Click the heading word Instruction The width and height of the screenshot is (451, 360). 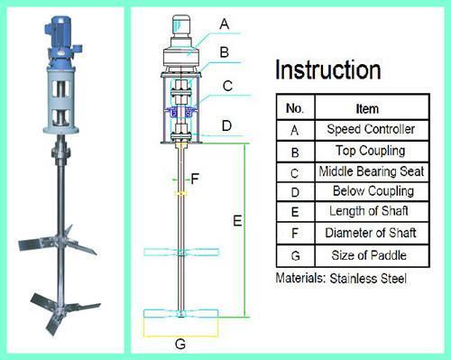pos(328,69)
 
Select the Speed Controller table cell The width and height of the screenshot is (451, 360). pos(372,130)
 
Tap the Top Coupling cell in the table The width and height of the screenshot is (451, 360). pos(372,152)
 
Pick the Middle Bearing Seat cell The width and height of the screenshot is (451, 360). pos(372,172)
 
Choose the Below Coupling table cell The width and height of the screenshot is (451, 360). pos(372,191)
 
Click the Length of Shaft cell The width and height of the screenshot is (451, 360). pos(372,212)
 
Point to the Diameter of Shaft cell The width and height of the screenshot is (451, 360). pos(372,233)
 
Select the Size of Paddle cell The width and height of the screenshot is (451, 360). pos(372,255)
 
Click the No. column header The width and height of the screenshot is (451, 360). pos(295,107)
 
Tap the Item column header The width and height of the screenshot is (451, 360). pos(372,107)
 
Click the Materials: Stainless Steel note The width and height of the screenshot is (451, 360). pos(341,278)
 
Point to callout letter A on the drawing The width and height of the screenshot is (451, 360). pos(225,24)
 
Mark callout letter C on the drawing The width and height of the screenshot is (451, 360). pos(227,86)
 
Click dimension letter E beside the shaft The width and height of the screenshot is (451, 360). pos(237,221)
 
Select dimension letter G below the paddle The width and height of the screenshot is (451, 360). pos(180,344)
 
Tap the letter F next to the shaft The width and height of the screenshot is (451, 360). pos(195,179)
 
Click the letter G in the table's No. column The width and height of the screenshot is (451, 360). pos(296,256)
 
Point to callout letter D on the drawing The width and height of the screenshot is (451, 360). pos(226,125)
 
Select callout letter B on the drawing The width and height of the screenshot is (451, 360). pos(224,52)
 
